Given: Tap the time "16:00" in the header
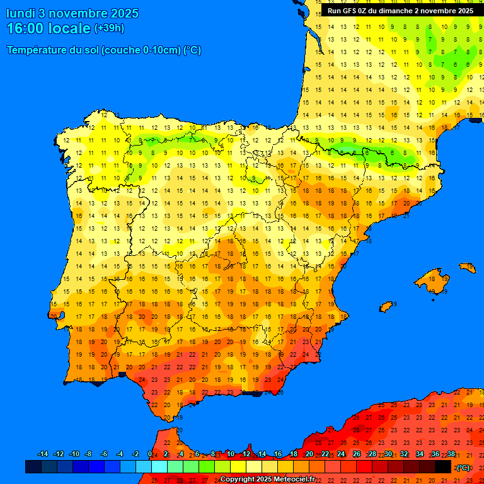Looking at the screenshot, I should click(x=26, y=29).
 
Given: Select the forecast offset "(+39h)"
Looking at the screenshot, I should click(x=109, y=28).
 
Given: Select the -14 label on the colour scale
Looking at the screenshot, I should click(x=43, y=454).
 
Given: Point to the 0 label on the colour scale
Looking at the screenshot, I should click(x=149, y=454).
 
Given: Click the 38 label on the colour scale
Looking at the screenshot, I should click(x=451, y=454).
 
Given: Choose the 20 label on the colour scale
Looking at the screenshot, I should click(x=309, y=454).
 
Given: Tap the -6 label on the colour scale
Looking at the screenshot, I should click(x=104, y=454).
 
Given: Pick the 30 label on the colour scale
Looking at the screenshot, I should click(x=388, y=454).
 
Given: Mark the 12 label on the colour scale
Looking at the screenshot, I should click(x=246, y=454).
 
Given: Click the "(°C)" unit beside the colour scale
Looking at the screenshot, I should click(x=463, y=468).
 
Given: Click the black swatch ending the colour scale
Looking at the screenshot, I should click(x=443, y=467).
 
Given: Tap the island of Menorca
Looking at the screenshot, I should click(x=468, y=268).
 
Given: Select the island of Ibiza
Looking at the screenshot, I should click(x=387, y=306).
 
